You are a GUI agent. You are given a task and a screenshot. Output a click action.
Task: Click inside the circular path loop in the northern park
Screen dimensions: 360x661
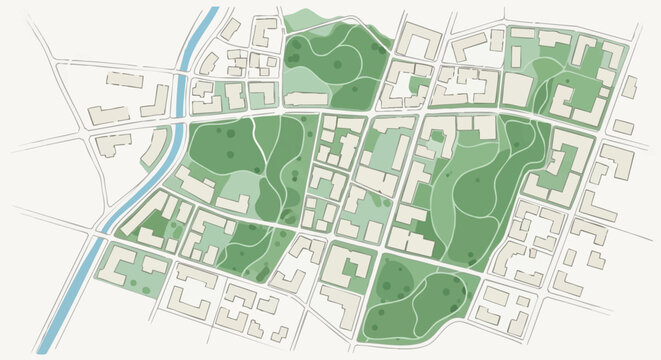tap(340, 65)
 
